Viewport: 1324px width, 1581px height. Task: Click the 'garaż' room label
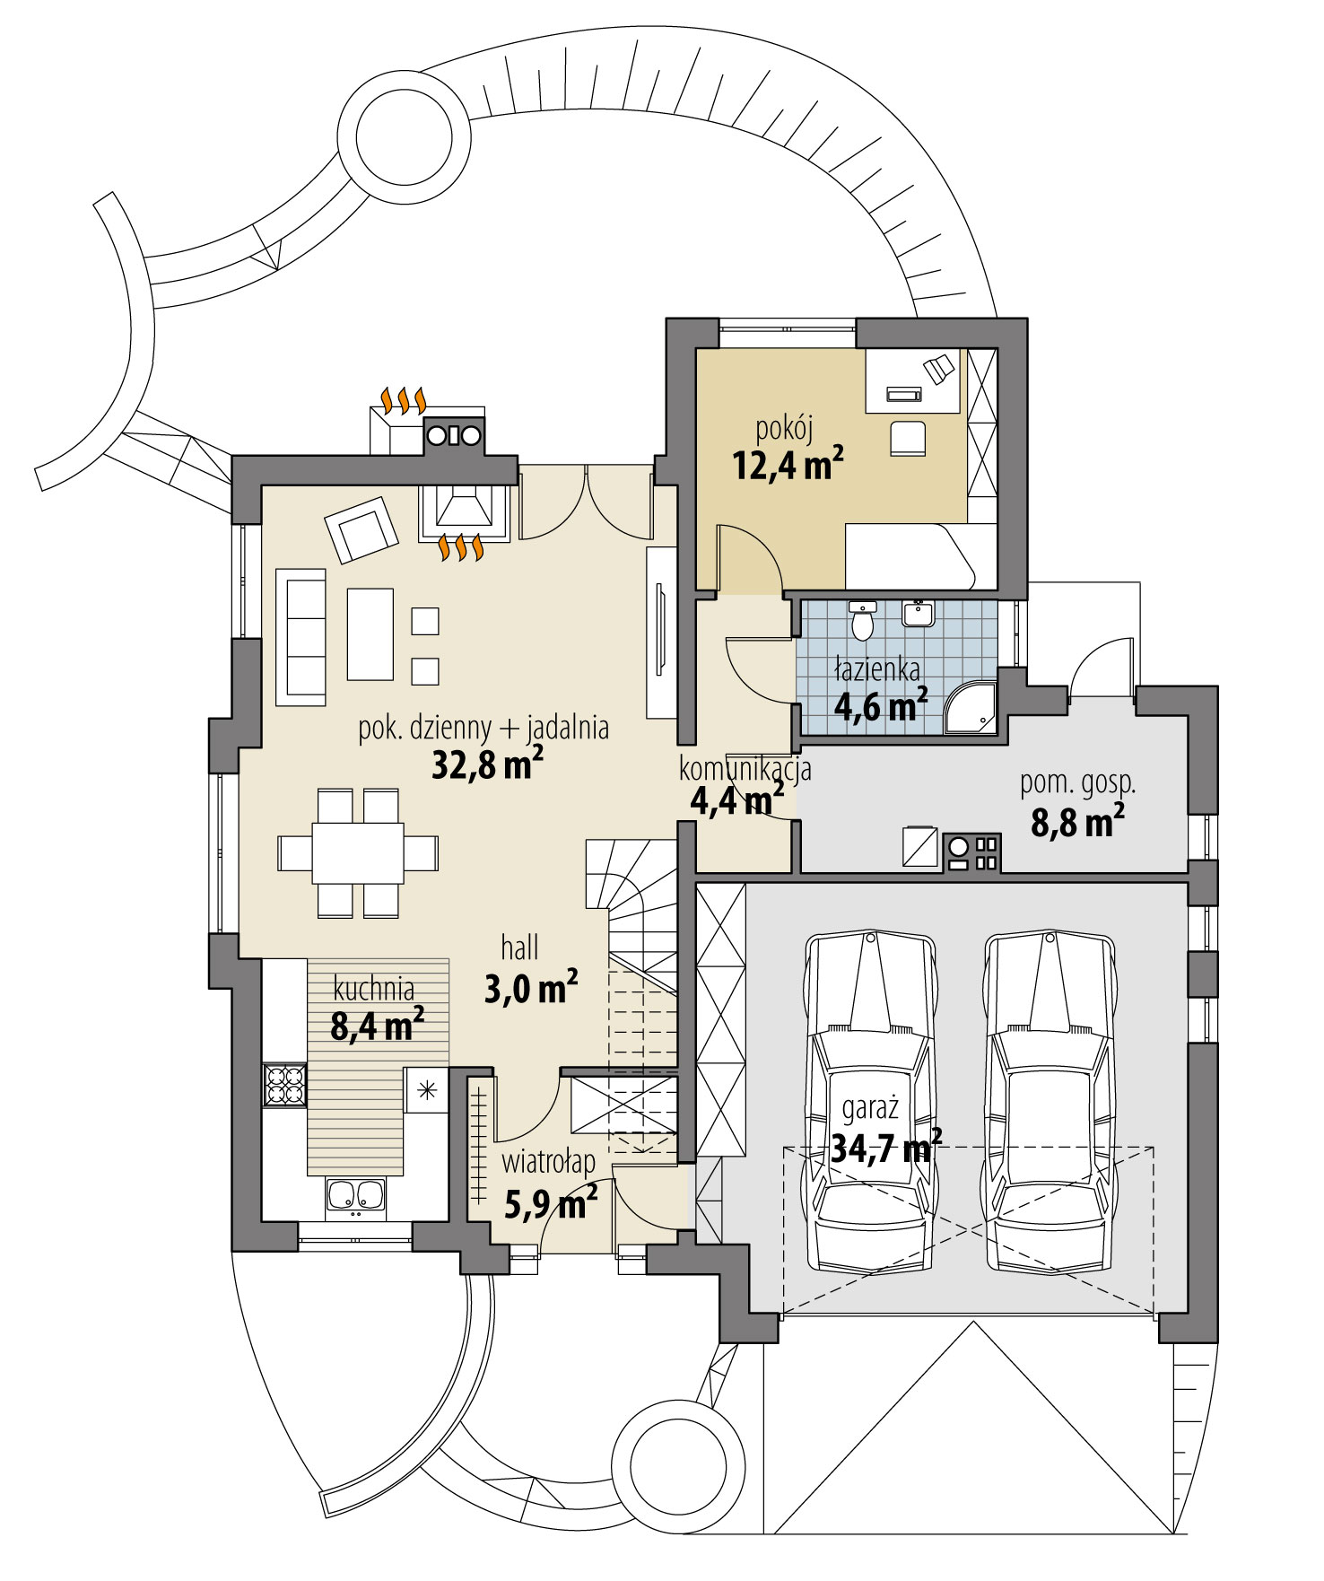[869, 1109]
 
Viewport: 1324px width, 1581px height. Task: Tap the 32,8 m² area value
[487, 765]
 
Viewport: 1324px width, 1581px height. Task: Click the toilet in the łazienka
[862, 622]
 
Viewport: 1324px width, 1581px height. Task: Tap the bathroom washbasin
[918, 614]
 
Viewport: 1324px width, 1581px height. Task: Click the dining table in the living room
[358, 852]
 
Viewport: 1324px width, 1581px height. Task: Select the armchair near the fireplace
[361, 530]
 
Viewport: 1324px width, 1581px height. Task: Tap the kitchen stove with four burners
[284, 1084]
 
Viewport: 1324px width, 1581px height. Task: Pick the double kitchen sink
[355, 1195]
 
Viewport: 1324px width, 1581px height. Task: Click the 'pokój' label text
[784, 430]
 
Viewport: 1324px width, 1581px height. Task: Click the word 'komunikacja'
[745, 769]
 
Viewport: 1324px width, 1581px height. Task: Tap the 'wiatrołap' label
[548, 1163]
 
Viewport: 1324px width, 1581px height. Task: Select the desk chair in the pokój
[908, 439]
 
